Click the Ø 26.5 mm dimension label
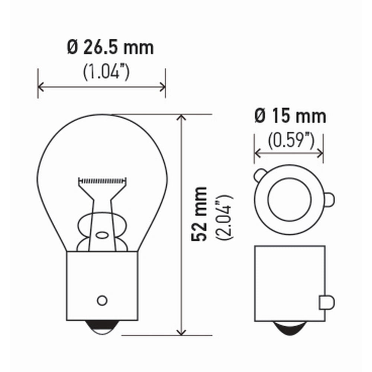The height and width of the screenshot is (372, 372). [x=110, y=48]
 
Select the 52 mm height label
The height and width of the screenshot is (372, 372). [x=199, y=214]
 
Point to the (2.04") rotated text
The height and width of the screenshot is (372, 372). [x=224, y=217]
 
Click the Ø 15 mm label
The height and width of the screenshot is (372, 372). [x=291, y=116]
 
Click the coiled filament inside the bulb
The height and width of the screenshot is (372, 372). [x=102, y=181]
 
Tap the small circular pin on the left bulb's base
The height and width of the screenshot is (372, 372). [x=102, y=300]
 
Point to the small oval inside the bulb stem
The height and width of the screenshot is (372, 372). [x=102, y=235]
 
